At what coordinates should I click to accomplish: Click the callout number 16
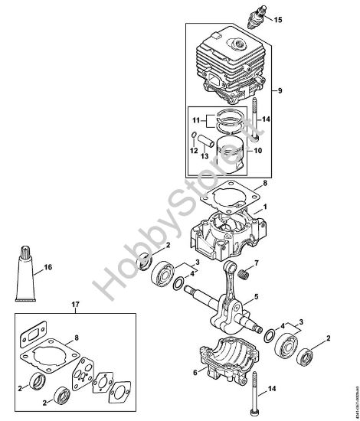[47, 268]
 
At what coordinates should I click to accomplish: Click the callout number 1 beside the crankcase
[265, 208]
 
